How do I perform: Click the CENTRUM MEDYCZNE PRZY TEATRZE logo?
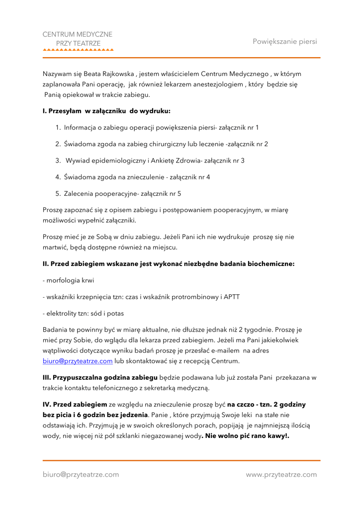click(78, 41)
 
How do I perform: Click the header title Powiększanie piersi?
click(284, 41)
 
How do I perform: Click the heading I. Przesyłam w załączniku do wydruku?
click(106, 111)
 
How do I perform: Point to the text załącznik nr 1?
click(239, 127)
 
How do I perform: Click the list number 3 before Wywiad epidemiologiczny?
click(58, 161)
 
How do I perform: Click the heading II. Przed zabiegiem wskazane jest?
click(169, 264)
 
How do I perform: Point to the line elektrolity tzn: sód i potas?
click(84, 314)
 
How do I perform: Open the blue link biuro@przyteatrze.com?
click(78, 361)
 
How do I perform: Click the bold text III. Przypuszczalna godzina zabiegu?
click(100, 378)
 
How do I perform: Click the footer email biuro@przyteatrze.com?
click(81, 475)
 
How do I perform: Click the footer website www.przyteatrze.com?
click(281, 475)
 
